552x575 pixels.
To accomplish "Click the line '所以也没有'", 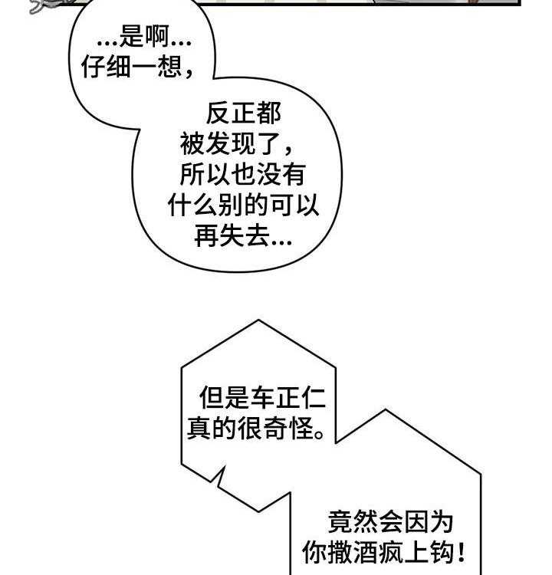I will pyautogui.click(x=243, y=175).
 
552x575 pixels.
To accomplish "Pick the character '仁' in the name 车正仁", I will pyautogui.click(x=314, y=398).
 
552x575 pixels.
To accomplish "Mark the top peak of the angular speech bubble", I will pyautogui.click(x=259, y=321).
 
